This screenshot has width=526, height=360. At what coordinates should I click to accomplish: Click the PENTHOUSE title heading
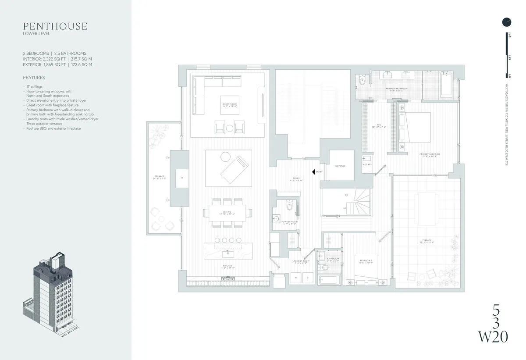tap(55, 26)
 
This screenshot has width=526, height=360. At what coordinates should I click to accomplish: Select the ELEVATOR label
tap(340, 166)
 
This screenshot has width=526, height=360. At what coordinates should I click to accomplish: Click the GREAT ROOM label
tap(229, 105)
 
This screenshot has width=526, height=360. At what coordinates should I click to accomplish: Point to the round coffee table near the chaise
tap(225, 157)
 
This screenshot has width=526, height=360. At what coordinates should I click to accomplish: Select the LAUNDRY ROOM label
tap(301, 262)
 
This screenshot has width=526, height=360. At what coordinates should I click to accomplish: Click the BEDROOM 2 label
tap(365, 262)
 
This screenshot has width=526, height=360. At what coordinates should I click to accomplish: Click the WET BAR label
tap(366, 164)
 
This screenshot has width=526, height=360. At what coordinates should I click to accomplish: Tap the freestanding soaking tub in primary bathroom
tap(447, 84)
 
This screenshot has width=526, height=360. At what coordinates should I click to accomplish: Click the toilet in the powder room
tap(288, 204)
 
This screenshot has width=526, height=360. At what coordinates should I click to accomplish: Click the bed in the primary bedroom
tap(415, 127)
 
